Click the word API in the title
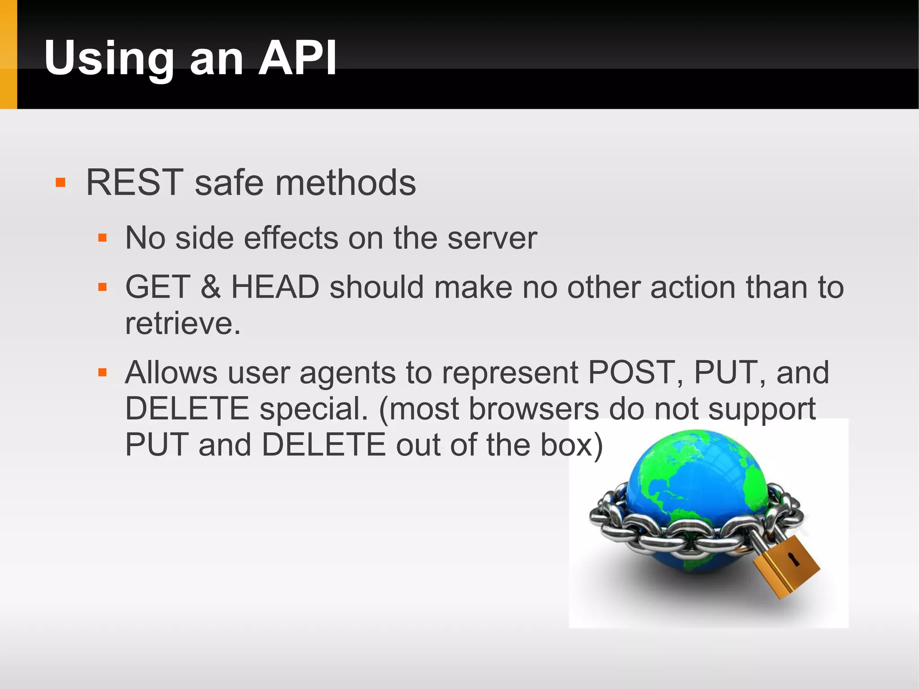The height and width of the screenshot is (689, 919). [x=298, y=58]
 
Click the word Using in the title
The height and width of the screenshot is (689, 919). [x=109, y=58]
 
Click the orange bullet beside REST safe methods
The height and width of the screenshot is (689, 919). [x=61, y=183]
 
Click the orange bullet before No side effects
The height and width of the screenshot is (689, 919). [x=102, y=238]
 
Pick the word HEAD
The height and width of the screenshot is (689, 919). [x=275, y=287]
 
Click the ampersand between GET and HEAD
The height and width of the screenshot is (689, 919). [x=211, y=287]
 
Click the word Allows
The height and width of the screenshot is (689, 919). [x=171, y=373]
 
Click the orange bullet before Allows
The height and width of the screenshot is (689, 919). [x=102, y=373]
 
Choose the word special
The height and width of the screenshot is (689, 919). [x=313, y=409]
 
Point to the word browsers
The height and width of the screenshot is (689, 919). [x=534, y=409]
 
